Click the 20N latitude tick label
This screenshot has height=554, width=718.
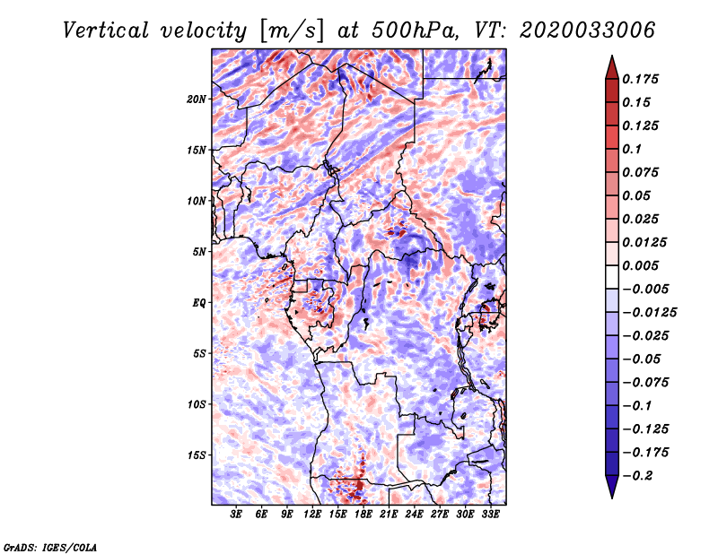[x=197, y=99]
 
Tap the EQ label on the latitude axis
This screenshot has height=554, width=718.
[x=199, y=302]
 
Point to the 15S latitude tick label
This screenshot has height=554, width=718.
[x=197, y=454]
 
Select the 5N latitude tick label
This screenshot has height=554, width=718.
[x=199, y=252]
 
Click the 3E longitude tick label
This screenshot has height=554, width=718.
[x=236, y=514]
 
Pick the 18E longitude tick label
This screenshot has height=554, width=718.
[x=363, y=514]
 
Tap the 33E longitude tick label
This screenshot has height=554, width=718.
[x=490, y=514]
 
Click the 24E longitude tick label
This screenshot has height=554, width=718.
[x=414, y=514]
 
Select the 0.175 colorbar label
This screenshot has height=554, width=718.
[x=640, y=79]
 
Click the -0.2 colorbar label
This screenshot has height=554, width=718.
[x=637, y=476]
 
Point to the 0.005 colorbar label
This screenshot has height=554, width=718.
[x=640, y=265]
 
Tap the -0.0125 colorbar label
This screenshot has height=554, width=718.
[x=649, y=313]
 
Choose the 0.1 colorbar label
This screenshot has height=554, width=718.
[x=632, y=149]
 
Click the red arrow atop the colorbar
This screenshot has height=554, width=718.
[x=612, y=67]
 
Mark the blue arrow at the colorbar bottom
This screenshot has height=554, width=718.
[x=612, y=487]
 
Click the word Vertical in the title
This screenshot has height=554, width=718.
[x=106, y=30]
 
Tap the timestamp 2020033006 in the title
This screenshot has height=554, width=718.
[x=588, y=30]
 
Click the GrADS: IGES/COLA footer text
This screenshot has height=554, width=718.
[x=50, y=547]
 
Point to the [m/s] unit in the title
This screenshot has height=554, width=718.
[x=292, y=31]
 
